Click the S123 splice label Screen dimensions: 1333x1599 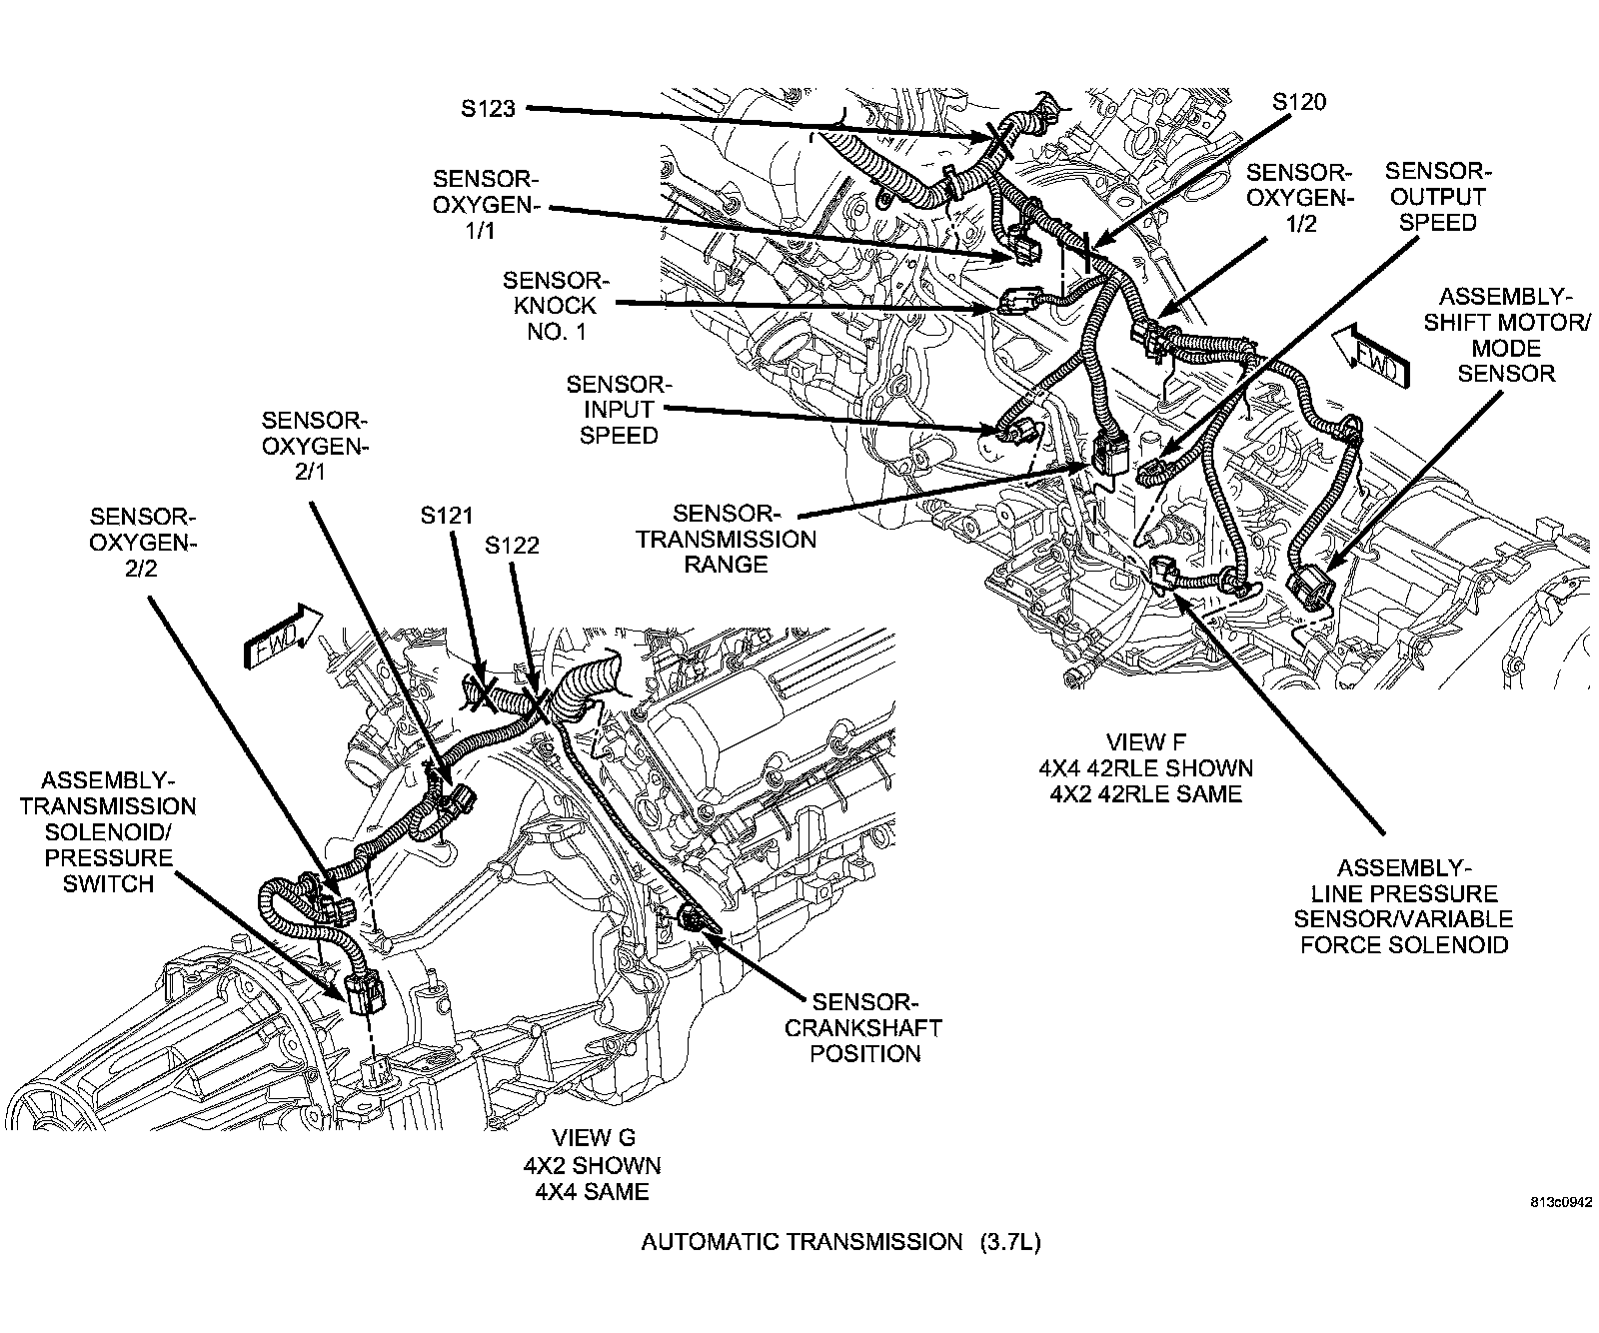click(x=488, y=108)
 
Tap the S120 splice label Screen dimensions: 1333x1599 click(x=1299, y=102)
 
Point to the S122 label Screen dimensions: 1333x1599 click(x=512, y=545)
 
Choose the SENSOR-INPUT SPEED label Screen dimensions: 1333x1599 click(x=619, y=410)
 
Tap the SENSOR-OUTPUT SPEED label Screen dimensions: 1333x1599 click(x=1437, y=196)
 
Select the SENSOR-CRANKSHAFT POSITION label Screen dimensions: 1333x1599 click(x=864, y=1026)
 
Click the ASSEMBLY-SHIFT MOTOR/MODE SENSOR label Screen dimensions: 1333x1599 click(x=1505, y=335)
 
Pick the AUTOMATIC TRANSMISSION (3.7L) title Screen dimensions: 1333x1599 click(x=841, y=1242)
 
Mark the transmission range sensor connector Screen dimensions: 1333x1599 click(x=1110, y=456)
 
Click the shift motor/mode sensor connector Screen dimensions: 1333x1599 click(x=1310, y=583)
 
